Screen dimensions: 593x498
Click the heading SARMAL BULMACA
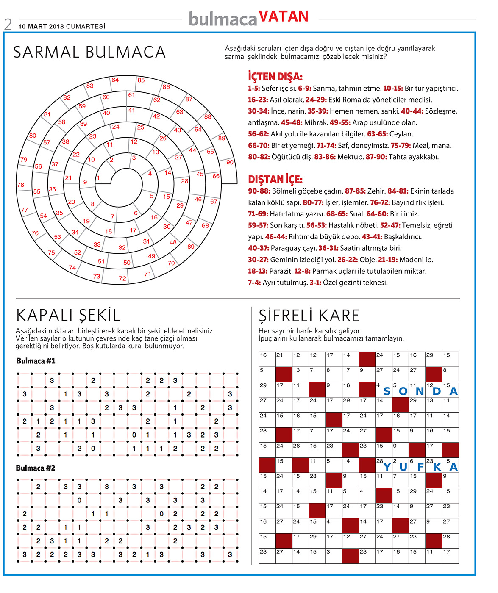pos(89,52)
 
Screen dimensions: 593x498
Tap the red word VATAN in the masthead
pos(283,17)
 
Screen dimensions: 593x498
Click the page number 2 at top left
pos(8,25)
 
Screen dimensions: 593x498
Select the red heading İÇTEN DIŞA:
pos(275,77)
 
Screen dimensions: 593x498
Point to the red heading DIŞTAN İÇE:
pos(275,180)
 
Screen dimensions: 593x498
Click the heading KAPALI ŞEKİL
pos(68,316)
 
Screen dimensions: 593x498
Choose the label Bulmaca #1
pos(36,361)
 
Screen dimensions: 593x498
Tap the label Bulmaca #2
pos(36,468)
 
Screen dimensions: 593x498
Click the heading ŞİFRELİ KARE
pos(309,316)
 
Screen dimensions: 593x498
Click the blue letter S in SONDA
pos(387,391)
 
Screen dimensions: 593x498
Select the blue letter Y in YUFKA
pos(387,467)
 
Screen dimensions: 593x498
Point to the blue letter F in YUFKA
pos(420,467)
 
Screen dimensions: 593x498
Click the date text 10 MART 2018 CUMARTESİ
pos(61,26)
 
